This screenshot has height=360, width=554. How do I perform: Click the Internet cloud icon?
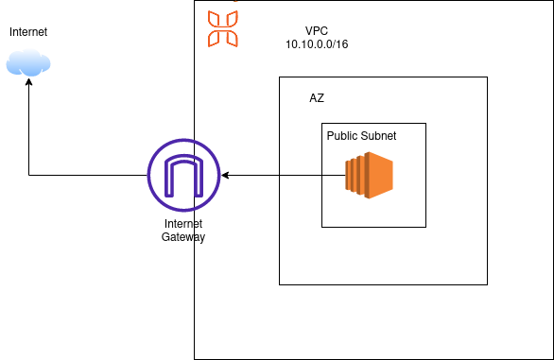click(x=28, y=63)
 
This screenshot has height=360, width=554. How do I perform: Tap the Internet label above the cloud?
click(x=28, y=33)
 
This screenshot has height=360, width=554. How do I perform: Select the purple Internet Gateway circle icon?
click(x=183, y=176)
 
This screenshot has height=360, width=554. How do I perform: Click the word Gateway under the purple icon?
click(x=183, y=237)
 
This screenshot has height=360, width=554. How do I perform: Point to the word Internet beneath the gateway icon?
click(x=183, y=224)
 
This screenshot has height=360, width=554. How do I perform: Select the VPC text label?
click(x=317, y=30)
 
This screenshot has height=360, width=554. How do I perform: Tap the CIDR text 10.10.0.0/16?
click(x=317, y=44)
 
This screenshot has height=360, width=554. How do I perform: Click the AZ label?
click(x=317, y=98)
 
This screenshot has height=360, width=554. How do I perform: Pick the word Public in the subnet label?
click(x=343, y=136)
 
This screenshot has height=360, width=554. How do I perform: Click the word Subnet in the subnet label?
click(x=379, y=136)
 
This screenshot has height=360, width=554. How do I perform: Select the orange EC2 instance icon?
click(x=369, y=176)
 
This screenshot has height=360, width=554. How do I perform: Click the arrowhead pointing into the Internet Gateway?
click(x=225, y=176)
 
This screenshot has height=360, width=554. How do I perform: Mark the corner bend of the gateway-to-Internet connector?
click(x=28, y=176)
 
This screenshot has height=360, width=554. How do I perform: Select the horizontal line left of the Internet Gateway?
click(x=90, y=176)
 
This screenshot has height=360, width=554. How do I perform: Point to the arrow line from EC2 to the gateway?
click(x=284, y=176)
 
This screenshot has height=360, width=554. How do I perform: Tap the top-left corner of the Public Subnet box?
click(x=321, y=123)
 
